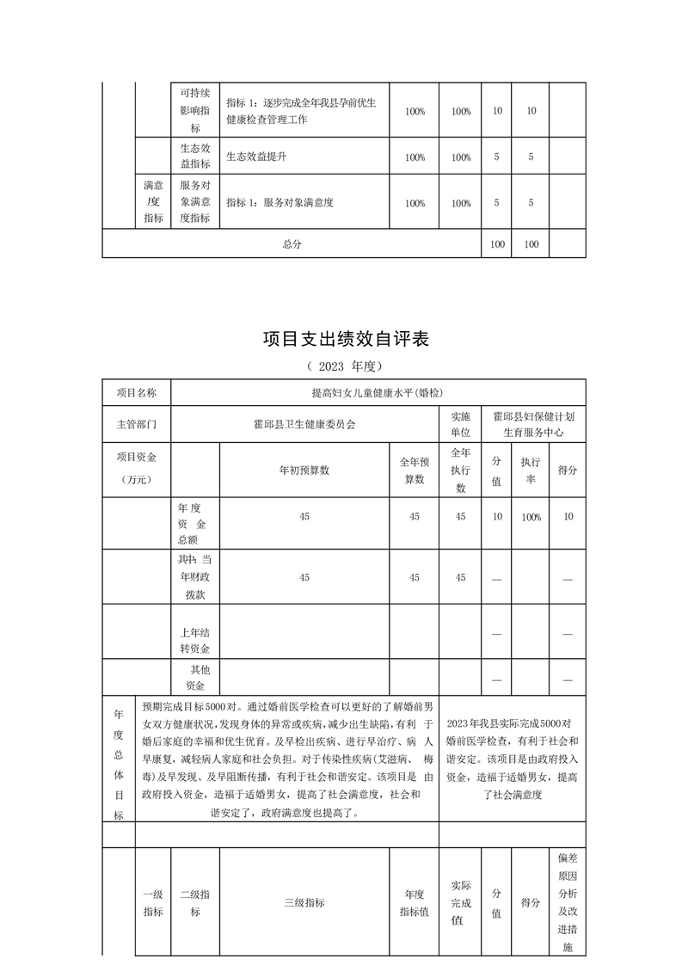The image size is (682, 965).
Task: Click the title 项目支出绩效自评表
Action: coord(345,340)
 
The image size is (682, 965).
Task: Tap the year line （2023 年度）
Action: coord(342,366)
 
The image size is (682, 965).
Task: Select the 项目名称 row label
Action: coord(136,392)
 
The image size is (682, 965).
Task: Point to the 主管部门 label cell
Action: coord(136,424)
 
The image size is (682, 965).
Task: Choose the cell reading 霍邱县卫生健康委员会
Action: coord(304,424)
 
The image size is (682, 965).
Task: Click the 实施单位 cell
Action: coord(460,424)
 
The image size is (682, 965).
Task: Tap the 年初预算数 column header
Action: coord(304,470)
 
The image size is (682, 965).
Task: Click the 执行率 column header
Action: coord(530,470)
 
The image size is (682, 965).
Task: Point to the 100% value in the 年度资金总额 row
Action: coord(530,517)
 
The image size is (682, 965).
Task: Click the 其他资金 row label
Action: coord(194,677)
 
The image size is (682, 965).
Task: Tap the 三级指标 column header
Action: coord(304,903)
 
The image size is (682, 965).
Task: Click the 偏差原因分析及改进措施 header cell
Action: coord(567,903)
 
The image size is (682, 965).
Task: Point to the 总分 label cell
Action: coord(292,244)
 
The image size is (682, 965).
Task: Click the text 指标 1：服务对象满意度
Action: coord(280,203)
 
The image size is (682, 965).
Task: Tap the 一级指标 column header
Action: coord(152,903)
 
